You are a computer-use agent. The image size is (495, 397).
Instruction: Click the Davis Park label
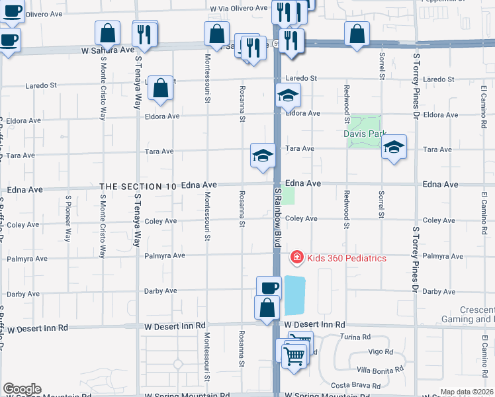(x=364, y=134)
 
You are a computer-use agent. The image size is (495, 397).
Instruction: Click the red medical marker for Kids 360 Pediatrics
(x=297, y=257)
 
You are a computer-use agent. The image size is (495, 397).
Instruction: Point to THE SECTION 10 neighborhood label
(x=138, y=187)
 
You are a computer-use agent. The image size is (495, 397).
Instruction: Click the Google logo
(x=21, y=389)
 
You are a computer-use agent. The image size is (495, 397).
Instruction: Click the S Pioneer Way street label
(x=68, y=218)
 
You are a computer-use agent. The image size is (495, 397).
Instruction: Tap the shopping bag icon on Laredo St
(x=161, y=88)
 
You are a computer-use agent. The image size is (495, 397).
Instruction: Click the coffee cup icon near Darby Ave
(x=269, y=288)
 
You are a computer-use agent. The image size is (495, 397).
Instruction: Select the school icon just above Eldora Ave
(x=288, y=95)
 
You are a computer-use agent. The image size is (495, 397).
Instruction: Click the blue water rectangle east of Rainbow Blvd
(x=294, y=295)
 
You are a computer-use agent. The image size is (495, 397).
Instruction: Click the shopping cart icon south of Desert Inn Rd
(x=294, y=355)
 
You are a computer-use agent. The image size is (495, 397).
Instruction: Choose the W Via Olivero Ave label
(x=239, y=9)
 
